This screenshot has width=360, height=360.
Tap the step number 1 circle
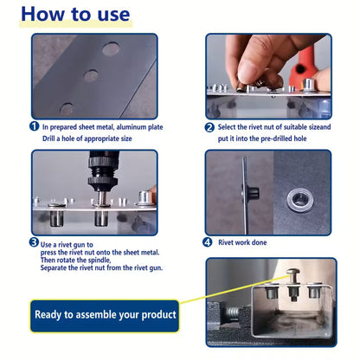(x=35, y=126)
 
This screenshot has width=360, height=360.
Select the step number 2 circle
(x=209, y=126)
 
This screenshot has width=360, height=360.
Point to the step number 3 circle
(x=35, y=242)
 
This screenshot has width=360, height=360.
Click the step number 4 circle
(x=209, y=242)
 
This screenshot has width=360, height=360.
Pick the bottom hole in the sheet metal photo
(x=67, y=108)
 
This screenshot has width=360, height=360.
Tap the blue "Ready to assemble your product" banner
(x=106, y=314)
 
